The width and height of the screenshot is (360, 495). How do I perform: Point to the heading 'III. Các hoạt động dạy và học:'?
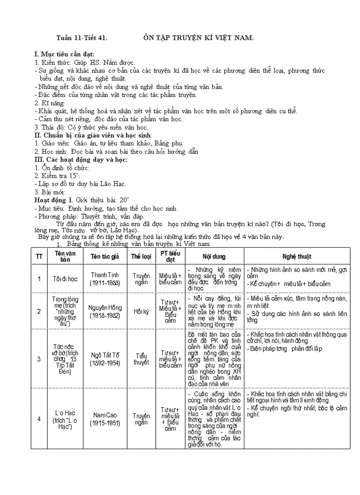point(81,160)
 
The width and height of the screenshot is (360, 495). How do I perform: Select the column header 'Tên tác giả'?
point(105,256)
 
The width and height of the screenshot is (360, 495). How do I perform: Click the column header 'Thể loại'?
point(141,256)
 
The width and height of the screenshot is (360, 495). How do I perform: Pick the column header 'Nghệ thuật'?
point(297,256)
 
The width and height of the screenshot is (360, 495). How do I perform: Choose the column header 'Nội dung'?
point(214,256)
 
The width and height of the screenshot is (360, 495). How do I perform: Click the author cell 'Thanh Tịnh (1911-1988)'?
point(105,279)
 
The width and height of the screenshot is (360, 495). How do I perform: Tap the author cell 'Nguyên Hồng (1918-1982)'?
point(105,311)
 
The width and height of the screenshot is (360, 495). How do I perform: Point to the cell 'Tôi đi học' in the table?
point(65,279)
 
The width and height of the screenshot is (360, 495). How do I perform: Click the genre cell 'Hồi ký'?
point(141,311)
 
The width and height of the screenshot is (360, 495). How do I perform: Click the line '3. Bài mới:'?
point(50,192)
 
